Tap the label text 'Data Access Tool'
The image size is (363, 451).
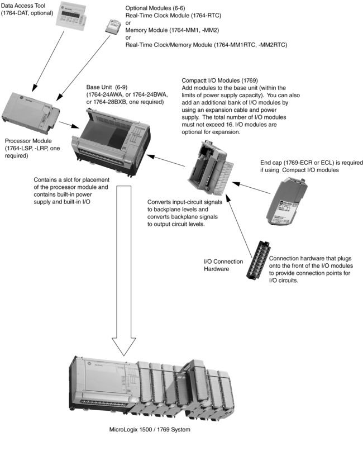click(26, 4)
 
